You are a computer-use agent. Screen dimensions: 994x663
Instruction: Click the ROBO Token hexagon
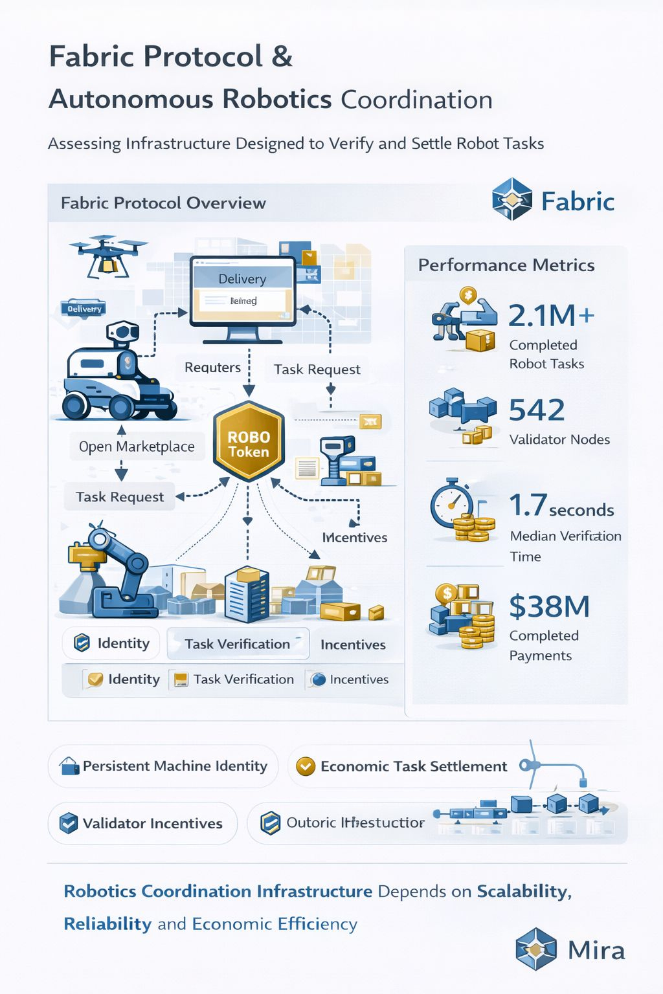(x=249, y=443)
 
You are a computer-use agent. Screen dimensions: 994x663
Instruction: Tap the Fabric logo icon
(x=511, y=199)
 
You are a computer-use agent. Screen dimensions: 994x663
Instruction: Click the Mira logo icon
(x=536, y=949)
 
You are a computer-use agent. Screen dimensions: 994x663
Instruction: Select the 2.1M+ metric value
(x=551, y=316)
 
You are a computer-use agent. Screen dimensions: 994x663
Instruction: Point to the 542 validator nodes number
(x=537, y=410)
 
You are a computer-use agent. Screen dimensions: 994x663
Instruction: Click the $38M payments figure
(x=549, y=606)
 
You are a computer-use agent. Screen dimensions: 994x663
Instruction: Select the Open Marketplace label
(x=137, y=447)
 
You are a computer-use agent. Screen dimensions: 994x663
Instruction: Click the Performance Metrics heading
(x=506, y=265)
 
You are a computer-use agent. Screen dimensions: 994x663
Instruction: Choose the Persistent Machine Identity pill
(x=163, y=766)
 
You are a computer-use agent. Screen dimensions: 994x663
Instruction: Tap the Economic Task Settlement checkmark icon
(x=305, y=766)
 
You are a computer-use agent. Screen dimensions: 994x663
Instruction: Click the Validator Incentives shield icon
(x=68, y=823)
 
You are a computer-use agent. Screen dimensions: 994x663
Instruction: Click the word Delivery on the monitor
(x=242, y=279)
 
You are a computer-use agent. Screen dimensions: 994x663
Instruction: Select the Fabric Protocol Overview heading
(x=163, y=203)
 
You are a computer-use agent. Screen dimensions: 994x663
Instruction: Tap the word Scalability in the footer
(x=523, y=891)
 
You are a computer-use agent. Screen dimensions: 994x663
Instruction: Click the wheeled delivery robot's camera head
(x=122, y=333)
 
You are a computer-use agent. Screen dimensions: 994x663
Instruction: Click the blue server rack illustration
(x=246, y=593)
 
